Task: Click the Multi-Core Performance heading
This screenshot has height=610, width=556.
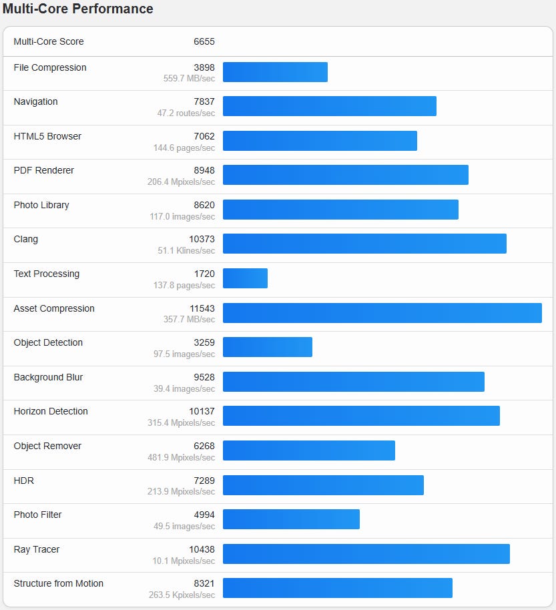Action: click(78, 9)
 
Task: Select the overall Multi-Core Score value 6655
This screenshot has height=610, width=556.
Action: click(204, 41)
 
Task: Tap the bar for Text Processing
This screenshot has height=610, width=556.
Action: click(245, 278)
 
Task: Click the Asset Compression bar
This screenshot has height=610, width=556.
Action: click(382, 313)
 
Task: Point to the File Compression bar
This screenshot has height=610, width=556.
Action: click(275, 72)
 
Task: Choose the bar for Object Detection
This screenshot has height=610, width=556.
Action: click(267, 347)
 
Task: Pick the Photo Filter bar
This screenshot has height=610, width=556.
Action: click(291, 519)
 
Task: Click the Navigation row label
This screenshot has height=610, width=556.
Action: click(35, 101)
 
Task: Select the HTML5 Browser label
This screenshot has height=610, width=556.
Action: click(47, 136)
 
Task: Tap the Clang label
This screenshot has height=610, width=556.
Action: click(26, 239)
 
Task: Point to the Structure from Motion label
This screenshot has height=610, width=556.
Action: click(59, 583)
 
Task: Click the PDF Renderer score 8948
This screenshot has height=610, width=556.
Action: click(204, 170)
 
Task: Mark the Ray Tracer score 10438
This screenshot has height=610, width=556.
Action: click(202, 549)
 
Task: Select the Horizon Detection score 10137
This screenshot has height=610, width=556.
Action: click(202, 411)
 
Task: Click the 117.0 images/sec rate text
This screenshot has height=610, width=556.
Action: click(182, 216)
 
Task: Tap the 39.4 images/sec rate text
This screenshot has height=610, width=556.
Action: click(184, 388)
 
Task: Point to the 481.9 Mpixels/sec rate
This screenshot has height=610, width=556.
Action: click(181, 457)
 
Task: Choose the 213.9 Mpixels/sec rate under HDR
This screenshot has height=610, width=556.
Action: click(181, 492)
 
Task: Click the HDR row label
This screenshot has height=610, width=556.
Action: click(23, 481)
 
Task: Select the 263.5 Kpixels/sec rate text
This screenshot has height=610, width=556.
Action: click(182, 595)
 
